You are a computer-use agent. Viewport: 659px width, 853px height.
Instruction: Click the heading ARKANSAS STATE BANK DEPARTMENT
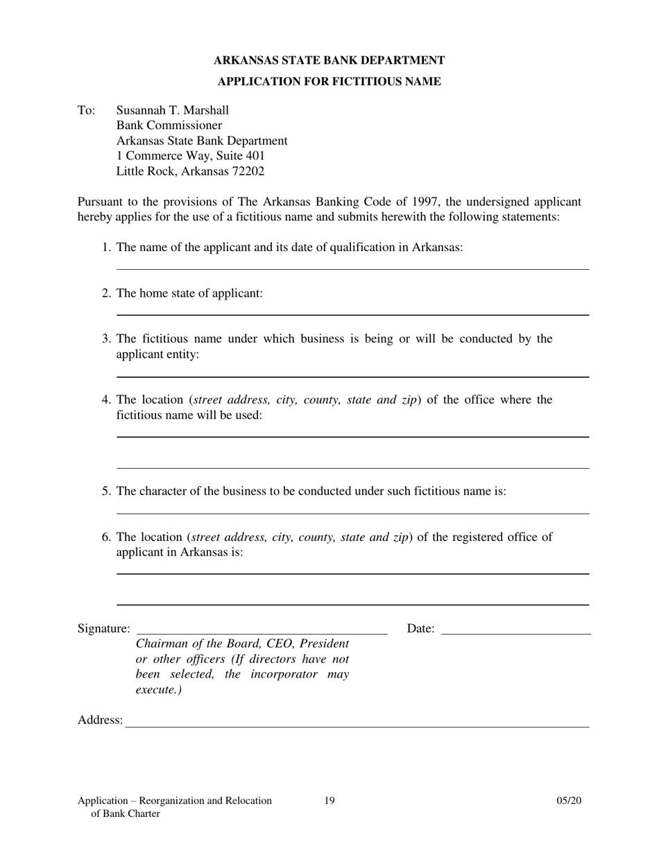tap(329, 61)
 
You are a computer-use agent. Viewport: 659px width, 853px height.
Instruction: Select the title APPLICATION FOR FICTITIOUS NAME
tap(329, 82)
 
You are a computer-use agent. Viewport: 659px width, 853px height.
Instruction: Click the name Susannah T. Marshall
tap(172, 110)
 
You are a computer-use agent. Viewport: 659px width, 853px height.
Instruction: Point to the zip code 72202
tap(247, 171)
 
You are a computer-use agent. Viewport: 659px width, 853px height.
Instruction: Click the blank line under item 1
tap(352, 269)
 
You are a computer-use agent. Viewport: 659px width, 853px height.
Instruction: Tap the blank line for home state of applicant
tap(352, 314)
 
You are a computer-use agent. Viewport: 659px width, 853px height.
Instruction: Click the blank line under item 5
tap(352, 513)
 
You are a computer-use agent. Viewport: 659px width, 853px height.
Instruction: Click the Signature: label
tap(103, 629)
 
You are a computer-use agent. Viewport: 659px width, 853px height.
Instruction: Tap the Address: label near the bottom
tap(100, 721)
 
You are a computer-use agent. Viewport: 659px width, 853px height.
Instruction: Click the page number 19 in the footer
tap(329, 801)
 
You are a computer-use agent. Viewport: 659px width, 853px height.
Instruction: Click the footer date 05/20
tap(569, 801)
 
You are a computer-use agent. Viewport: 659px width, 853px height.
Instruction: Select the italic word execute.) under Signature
tap(159, 691)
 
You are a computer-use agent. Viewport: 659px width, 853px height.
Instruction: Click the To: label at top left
tap(86, 110)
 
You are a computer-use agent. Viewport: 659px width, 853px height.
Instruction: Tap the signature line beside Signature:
tap(262, 632)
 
